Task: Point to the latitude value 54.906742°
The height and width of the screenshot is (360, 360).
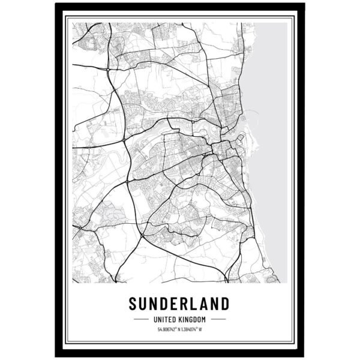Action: coord(169,329)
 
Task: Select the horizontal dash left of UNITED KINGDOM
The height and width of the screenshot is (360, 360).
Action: coord(143,319)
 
